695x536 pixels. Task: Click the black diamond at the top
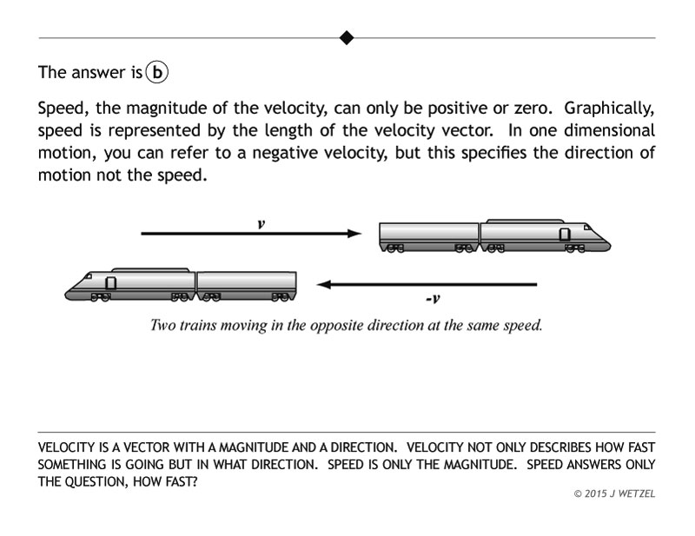pos(347,37)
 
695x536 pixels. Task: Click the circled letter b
pos(156,72)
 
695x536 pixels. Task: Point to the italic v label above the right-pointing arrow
pos(261,223)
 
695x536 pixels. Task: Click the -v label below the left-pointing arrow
pos(433,299)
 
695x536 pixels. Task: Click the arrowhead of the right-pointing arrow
pos(354,233)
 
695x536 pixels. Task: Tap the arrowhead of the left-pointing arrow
pos(323,284)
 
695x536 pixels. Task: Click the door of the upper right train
pos(566,234)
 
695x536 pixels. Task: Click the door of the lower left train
pos(110,282)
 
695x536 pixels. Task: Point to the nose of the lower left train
pos(71,289)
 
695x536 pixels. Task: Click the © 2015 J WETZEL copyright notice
pos(614,493)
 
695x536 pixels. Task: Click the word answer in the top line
pos(98,72)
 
